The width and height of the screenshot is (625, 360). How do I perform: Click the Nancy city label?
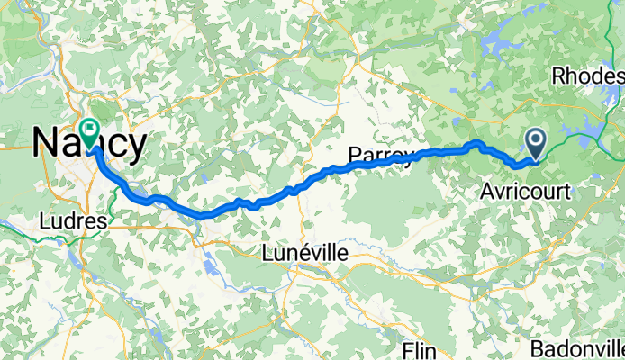coord(90,142)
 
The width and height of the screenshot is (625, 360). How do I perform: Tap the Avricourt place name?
coord(521,192)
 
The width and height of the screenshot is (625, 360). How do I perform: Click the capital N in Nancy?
coord(45,142)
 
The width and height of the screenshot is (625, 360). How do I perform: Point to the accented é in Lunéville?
coord(303,255)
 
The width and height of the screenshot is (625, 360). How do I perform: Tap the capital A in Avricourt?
coord(486,192)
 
